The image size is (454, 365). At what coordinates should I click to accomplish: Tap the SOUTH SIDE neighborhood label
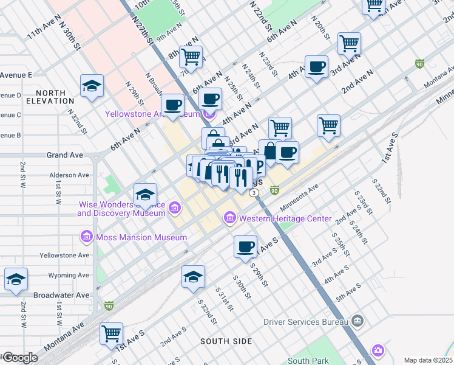pos(226,342)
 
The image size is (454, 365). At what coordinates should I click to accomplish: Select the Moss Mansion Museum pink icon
pos(86,237)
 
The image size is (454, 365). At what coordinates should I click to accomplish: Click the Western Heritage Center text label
pos(285,218)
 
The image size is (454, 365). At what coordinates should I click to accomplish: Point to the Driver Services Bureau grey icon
pos(357,320)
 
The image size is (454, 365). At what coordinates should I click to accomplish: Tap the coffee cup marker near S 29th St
pos(245,247)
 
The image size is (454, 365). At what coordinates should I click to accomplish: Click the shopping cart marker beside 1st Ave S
pos(112,333)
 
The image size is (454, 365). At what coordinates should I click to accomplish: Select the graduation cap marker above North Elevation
pos(92,86)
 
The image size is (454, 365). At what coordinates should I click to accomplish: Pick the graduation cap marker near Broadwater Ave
pos(16,279)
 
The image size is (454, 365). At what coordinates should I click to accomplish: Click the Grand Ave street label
pos(65,155)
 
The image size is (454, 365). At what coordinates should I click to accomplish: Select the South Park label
pos(308,361)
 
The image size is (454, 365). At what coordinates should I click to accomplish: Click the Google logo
pos(19,358)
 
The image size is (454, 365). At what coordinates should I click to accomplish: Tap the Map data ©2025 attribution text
pos(428,360)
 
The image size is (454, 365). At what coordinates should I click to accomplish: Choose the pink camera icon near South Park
pos(378,350)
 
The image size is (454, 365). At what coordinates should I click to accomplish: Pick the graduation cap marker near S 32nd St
pos(193,277)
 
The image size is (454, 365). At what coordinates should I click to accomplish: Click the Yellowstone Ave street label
pos(65,255)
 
